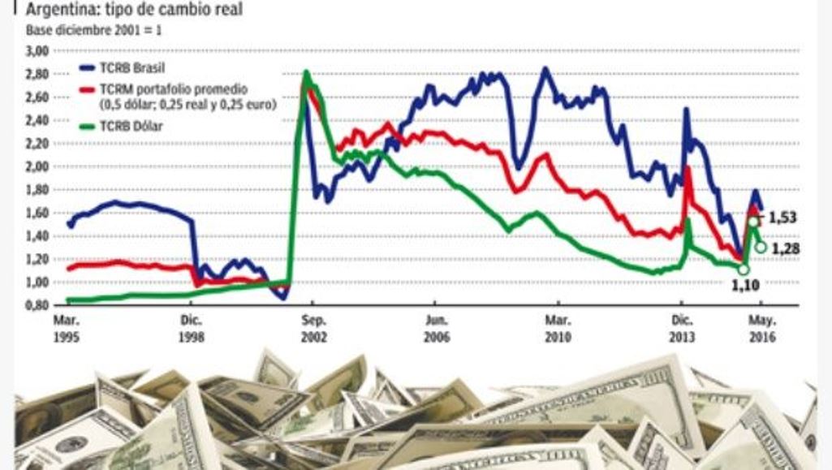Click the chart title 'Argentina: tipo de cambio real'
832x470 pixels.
[134, 10]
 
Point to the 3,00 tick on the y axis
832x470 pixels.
[39, 51]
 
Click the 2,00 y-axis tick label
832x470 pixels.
[39, 166]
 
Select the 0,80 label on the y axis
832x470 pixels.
[39, 305]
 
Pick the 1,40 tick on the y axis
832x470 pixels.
[39, 236]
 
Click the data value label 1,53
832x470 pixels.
[783, 218]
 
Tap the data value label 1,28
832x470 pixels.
[785, 248]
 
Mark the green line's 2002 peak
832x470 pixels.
[306, 73]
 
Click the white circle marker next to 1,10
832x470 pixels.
[744, 270]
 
